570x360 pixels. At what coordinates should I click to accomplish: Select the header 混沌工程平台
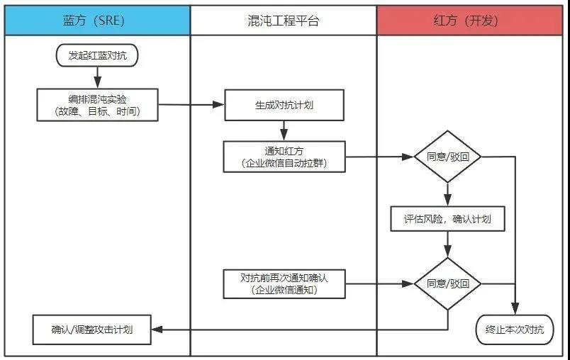click(284, 21)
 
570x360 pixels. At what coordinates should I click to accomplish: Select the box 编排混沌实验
click(98, 104)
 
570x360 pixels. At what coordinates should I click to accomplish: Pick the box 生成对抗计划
click(284, 105)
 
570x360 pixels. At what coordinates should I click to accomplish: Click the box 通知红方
click(284, 156)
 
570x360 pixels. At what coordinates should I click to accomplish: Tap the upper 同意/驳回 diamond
click(447, 157)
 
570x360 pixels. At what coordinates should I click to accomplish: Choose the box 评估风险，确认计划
click(447, 219)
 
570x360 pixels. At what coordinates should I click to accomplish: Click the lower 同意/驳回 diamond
click(447, 283)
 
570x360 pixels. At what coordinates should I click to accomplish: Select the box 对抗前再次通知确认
click(284, 283)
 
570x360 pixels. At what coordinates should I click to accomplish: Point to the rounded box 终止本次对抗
click(514, 329)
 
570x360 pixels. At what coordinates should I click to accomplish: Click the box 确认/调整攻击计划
click(92, 330)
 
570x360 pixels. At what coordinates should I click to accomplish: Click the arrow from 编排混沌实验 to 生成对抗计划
click(190, 105)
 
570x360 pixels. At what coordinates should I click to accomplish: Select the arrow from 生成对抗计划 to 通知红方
click(284, 130)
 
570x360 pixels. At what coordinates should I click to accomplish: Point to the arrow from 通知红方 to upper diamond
click(379, 157)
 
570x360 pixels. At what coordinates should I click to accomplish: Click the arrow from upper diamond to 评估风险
click(447, 193)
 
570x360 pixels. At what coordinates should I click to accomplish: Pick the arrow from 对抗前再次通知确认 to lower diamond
click(379, 283)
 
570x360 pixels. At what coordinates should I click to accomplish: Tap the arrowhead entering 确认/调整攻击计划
click(157, 330)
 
